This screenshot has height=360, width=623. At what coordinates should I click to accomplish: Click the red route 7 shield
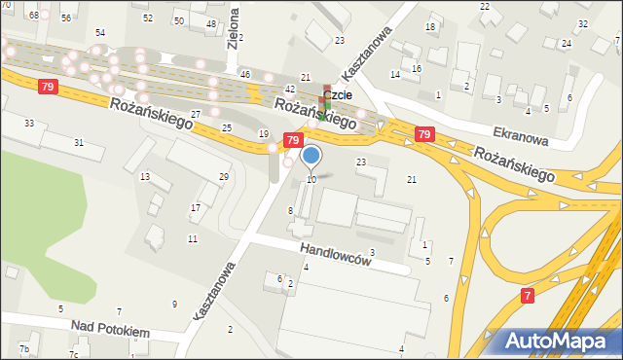tap(527, 295)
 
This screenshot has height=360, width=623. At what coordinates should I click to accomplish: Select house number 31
tap(79, 143)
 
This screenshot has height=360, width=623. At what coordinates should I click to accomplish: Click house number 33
tap(29, 123)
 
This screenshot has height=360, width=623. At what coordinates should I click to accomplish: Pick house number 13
tap(145, 176)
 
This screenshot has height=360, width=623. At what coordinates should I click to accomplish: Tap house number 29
tap(224, 176)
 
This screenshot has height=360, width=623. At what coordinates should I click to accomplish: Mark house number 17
tap(196, 207)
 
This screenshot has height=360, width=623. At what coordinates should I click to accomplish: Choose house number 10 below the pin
tap(311, 179)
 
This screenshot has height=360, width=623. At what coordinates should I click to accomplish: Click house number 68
tap(34, 16)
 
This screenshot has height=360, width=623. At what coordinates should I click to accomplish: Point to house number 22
tap(485, 7)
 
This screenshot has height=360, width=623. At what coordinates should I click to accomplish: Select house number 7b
tap(25, 349)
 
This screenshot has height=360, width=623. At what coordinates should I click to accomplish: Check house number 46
tap(245, 75)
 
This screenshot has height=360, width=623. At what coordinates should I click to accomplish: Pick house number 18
tap(430, 27)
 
